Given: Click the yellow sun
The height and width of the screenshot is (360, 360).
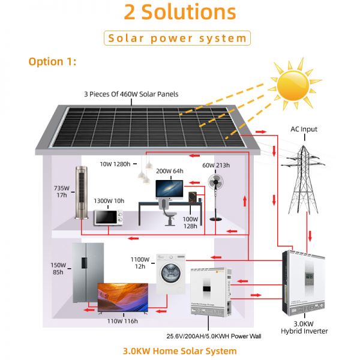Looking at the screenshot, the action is pyautogui.click(x=293, y=86).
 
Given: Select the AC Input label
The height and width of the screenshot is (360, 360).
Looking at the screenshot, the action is pyautogui.click(x=304, y=129).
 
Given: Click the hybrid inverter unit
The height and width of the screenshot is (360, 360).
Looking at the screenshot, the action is pyautogui.click(x=304, y=283).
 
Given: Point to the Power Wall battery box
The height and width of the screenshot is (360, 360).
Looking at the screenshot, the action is pyautogui.click(x=211, y=292).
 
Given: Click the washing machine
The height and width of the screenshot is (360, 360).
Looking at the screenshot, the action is pyautogui.click(x=171, y=273).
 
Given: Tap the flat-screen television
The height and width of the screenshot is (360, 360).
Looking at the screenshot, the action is pyautogui.click(x=123, y=298).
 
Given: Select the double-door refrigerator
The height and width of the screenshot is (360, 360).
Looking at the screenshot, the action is pyautogui.click(x=88, y=273).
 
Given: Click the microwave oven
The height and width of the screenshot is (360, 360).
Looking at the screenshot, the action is pyautogui.click(x=109, y=217).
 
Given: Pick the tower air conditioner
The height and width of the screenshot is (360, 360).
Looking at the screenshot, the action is pyautogui.click(x=82, y=193).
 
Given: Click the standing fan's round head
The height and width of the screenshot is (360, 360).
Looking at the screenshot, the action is pyautogui.click(x=215, y=182).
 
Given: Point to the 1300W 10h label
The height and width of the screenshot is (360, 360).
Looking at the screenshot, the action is pyautogui.click(x=109, y=201).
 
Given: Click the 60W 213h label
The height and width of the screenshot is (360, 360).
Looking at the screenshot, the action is pyautogui.click(x=216, y=166).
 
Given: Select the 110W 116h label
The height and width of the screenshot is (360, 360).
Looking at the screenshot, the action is pyautogui.click(x=122, y=321).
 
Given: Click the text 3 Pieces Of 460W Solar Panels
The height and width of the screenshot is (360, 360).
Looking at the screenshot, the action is pyautogui.click(x=131, y=94).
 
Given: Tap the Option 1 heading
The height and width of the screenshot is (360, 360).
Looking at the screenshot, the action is pyautogui.click(x=52, y=62).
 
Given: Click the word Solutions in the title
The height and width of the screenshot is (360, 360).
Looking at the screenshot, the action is pyautogui.click(x=189, y=12).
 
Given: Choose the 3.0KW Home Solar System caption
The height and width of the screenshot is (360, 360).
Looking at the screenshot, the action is pyautogui.click(x=180, y=351).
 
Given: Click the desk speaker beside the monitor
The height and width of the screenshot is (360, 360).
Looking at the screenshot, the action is pyautogui.click(x=193, y=197).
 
